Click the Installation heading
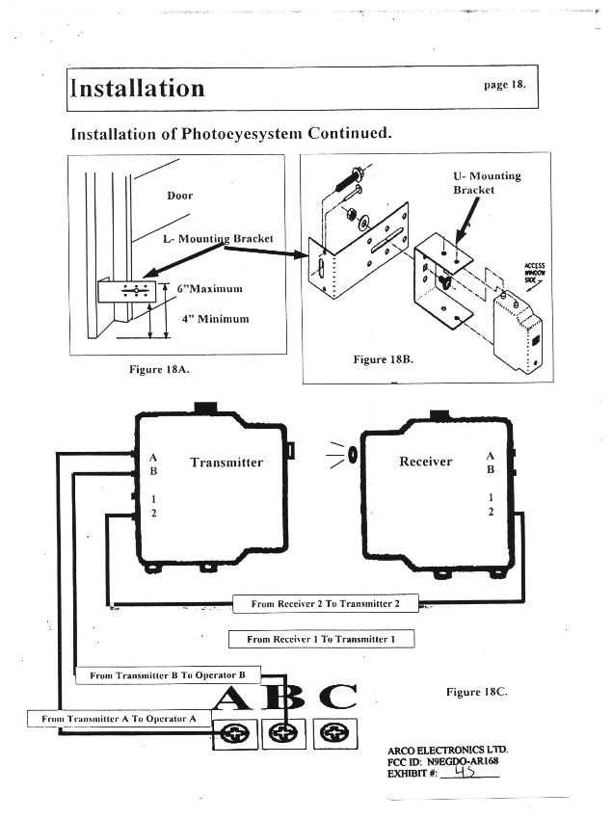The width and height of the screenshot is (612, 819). tap(138, 89)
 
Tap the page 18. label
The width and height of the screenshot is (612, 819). tap(505, 84)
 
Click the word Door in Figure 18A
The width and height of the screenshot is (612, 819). tap(180, 196)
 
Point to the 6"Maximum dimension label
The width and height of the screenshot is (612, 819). tap(209, 288)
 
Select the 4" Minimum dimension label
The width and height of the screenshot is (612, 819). tap(216, 319)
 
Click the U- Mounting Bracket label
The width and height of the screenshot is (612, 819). tap(487, 183)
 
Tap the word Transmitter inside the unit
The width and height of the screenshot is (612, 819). tap(226, 462)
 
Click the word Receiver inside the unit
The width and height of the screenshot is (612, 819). tap(425, 462)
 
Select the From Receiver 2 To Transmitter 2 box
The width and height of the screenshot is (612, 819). tap(326, 604)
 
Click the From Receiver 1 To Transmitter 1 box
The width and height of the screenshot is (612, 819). tap(321, 639)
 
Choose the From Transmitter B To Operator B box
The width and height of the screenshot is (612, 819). tap(168, 675)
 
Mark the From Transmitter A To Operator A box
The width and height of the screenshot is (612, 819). tap(119, 719)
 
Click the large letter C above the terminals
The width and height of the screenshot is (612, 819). tap(336, 699)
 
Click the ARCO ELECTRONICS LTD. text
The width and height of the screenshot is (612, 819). tap(447, 749)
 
